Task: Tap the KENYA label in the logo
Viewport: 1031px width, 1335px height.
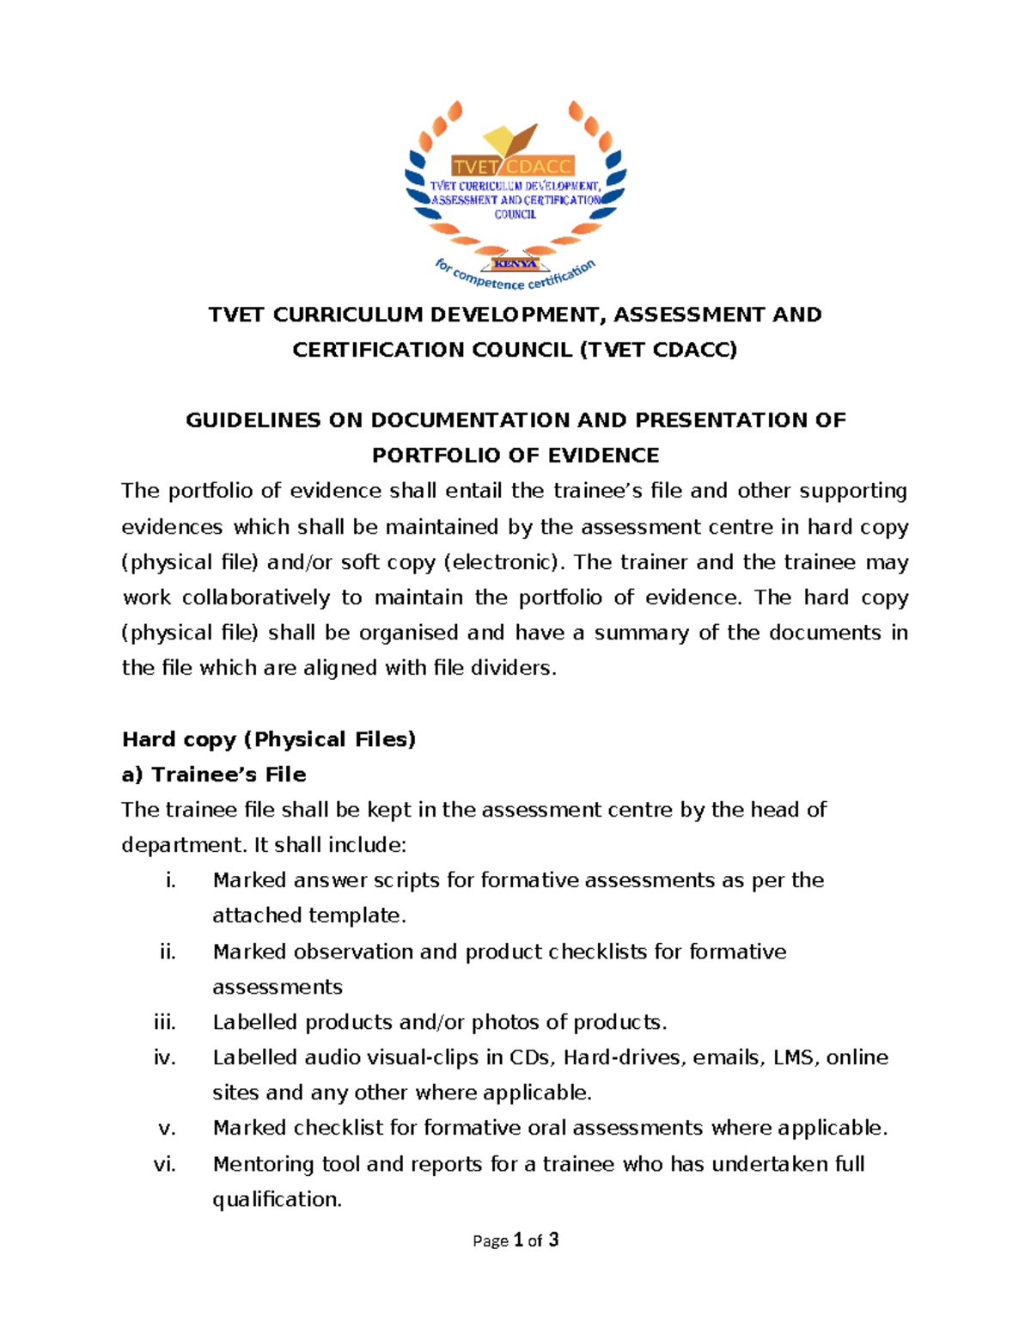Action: (x=515, y=264)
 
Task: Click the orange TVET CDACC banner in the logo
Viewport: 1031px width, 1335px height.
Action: (x=514, y=167)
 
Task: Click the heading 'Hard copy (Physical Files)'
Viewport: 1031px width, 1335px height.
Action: (x=269, y=739)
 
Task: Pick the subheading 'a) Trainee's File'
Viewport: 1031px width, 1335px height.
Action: (x=214, y=775)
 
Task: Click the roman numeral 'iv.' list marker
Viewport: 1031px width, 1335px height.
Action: (x=164, y=1057)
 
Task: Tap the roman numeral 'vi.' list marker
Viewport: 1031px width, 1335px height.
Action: (x=164, y=1164)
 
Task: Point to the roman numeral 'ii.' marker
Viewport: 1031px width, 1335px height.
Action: (x=167, y=952)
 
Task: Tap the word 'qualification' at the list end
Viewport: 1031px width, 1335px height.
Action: (x=276, y=1199)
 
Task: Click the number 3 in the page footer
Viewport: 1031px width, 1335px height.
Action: (x=553, y=1240)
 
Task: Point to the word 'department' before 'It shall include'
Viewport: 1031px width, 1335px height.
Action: (x=184, y=845)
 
